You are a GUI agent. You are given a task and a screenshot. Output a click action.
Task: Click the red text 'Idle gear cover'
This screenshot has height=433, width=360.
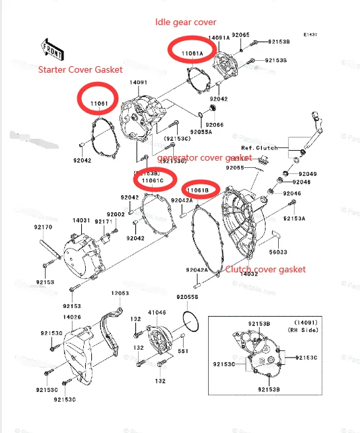(186, 22)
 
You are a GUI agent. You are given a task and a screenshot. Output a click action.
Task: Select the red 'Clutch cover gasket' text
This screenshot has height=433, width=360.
(266, 269)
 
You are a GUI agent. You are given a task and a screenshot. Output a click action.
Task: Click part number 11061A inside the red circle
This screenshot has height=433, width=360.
(191, 50)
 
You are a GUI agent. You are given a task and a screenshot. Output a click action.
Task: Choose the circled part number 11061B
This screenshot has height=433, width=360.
(198, 190)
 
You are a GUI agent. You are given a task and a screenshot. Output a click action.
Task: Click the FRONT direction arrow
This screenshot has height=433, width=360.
(52, 48)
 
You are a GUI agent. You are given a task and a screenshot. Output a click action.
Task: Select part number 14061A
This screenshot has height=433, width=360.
(219, 38)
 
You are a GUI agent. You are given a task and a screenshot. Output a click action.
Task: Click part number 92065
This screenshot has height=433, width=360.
(241, 34)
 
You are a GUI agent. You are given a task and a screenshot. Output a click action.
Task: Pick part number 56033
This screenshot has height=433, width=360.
(278, 252)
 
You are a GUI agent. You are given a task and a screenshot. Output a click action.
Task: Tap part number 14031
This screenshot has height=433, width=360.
(81, 220)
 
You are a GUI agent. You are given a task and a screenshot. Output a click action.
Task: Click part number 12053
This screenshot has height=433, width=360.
(120, 293)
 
